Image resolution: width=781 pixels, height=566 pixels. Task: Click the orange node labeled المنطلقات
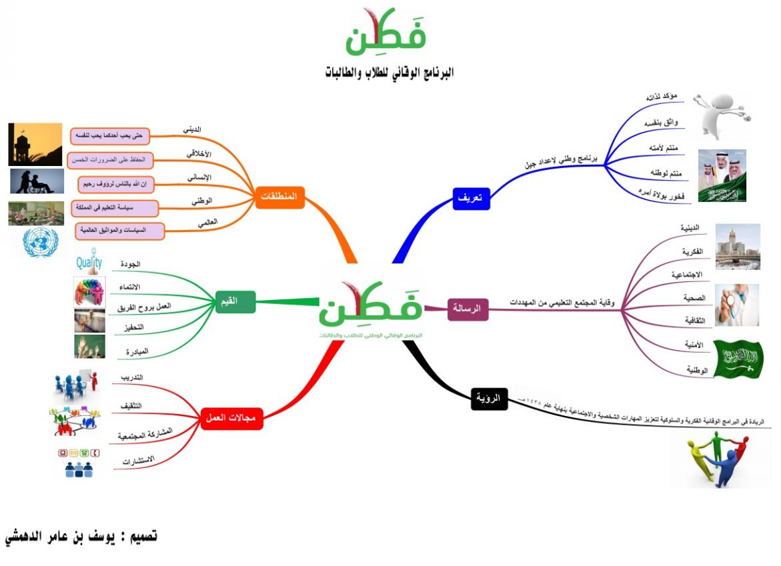point(279,197)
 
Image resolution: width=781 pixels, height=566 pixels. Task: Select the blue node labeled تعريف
point(472,199)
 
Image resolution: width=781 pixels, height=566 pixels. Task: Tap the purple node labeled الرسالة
point(468,309)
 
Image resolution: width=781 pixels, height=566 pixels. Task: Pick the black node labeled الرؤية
point(489,398)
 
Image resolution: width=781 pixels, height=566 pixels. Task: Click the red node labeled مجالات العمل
point(232,418)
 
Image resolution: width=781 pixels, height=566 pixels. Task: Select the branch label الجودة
point(130,265)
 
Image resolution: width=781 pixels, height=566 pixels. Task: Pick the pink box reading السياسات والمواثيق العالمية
point(120,231)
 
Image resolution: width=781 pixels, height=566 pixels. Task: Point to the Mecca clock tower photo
point(737,247)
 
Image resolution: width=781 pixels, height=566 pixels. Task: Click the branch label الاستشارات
point(138,460)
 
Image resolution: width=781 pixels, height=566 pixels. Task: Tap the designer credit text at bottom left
point(81,536)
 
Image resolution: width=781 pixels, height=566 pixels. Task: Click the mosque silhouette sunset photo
point(35,144)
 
